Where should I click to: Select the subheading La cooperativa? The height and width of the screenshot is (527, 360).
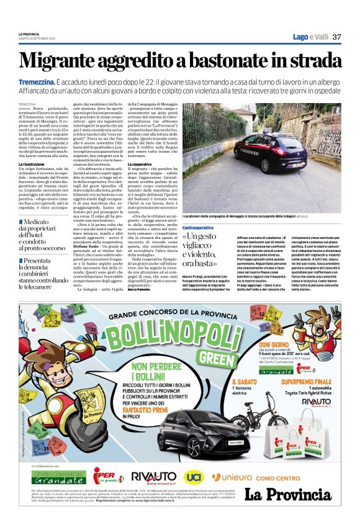[x=141, y=164]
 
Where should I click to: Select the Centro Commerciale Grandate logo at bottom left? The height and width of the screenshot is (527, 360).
[x=59, y=477]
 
